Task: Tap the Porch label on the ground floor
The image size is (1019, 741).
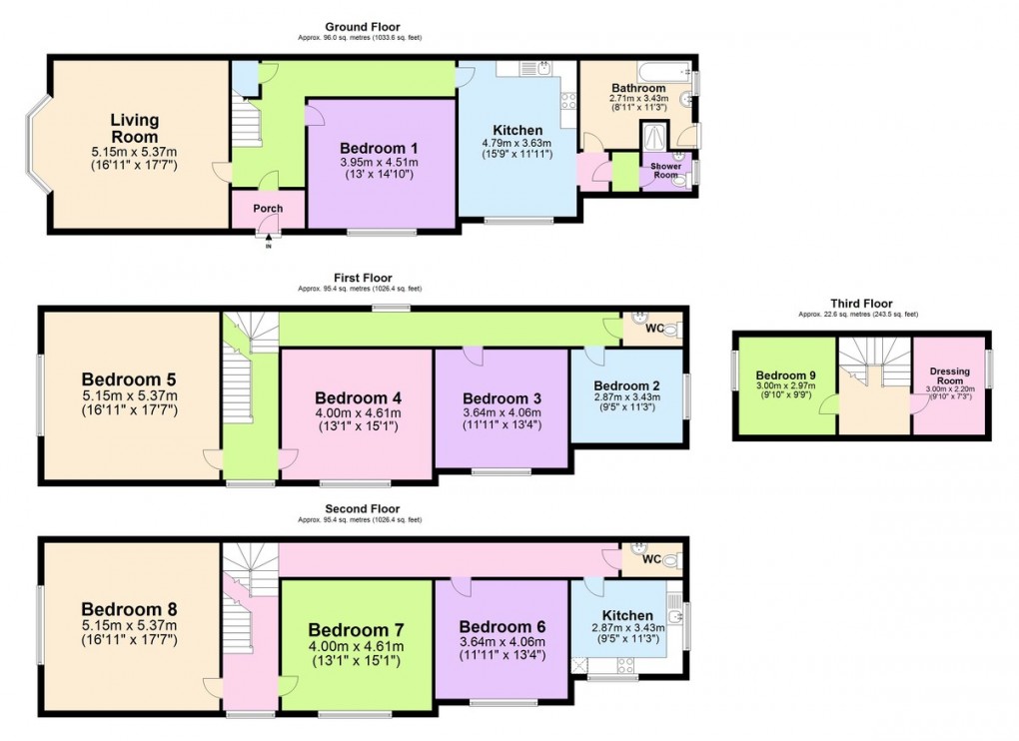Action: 267,209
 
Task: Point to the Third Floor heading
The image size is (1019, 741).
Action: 861,304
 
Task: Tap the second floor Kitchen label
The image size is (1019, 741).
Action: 627,615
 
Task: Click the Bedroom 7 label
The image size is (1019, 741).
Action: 356,630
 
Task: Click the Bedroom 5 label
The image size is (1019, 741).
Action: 129,379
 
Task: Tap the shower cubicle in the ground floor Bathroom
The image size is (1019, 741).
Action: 655,135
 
